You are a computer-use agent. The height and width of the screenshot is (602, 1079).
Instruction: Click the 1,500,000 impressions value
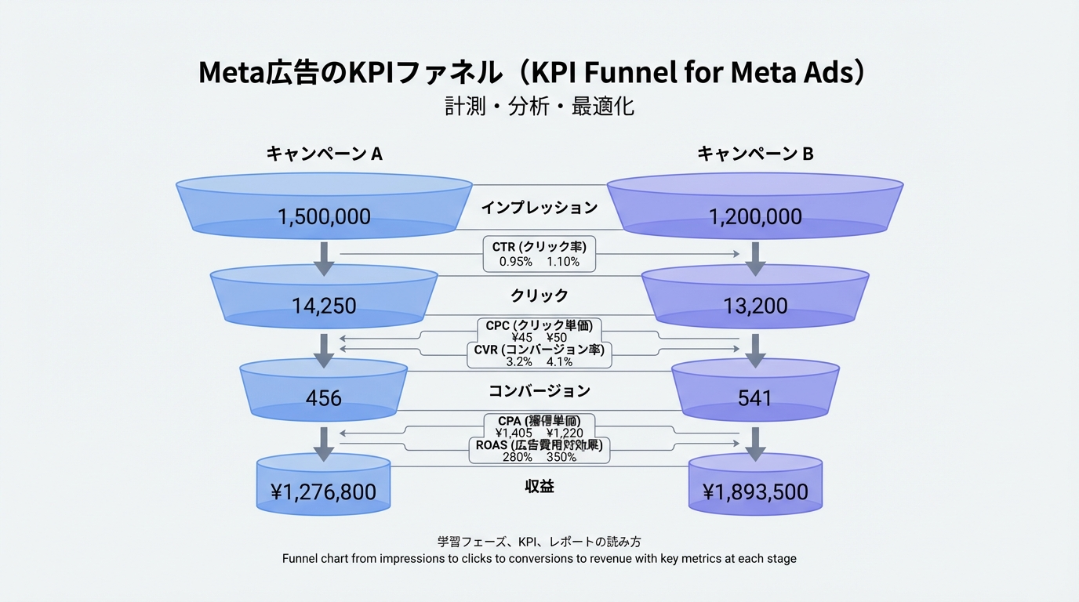click(x=324, y=216)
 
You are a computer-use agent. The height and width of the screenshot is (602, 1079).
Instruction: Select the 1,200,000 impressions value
click(x=754, y=216)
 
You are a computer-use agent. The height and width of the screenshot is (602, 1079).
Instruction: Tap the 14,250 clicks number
click(x=324, y=306)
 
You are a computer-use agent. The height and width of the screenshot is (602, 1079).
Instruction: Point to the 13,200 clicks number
click(x=754, y=306)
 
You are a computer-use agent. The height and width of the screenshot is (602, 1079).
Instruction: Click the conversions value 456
click(x=324, y=398)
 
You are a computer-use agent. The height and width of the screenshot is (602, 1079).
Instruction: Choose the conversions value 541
click(x=754, y=398)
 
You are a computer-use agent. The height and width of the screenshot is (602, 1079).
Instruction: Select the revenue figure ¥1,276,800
click(x=324, y=492)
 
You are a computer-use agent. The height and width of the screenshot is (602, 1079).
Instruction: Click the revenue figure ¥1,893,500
click(x=754, y=492)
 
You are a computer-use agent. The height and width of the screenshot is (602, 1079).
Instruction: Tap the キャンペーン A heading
click(x=324, y=154)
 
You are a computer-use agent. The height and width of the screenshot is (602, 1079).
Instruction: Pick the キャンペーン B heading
click(x=754, y=154)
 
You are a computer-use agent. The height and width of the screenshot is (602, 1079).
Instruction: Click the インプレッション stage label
click(x=539, y=208)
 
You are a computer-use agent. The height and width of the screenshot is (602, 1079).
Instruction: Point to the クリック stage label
click(x=539, y=296)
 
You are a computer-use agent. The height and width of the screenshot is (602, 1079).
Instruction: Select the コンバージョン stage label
click(x=539, y=390)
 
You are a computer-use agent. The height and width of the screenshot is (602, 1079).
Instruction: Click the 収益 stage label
click(x=539, y=486)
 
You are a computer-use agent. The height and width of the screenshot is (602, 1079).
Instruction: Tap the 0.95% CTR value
click(x=516, y=262)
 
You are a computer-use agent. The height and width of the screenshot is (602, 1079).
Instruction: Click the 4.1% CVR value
click(x=559, y=362)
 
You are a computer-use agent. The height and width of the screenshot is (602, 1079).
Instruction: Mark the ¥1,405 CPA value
click(x=514, y=433)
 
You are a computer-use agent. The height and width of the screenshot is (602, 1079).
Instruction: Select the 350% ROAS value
click(x=561, y=457)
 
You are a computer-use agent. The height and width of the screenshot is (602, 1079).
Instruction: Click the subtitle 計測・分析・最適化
click(x=539, y=106)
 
